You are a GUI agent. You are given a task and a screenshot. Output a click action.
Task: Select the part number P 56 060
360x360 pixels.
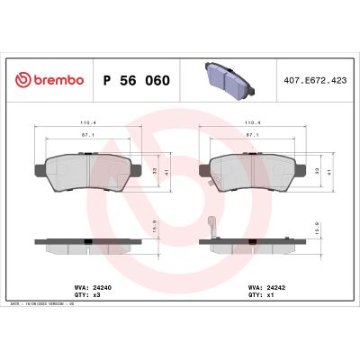(138, 80)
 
